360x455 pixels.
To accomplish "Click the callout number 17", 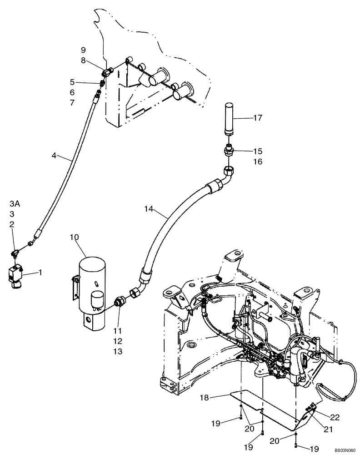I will coord(258,118).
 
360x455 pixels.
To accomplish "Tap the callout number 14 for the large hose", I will coord(149,210).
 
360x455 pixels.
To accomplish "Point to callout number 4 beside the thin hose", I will coord(54,156).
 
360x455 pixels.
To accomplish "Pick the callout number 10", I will coord(74,237).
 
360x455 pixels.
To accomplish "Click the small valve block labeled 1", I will coord(15,275).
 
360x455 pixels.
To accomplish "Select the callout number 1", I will coord(40,273).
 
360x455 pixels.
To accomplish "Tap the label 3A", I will coord(15,203).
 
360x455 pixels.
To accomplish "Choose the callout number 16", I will coord(258,162).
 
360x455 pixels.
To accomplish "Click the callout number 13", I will coord(117,352).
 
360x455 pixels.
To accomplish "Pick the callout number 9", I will coord(83,50).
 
